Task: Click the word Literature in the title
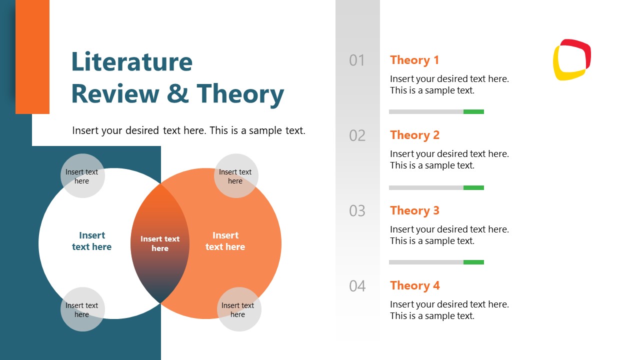tap(131, 62)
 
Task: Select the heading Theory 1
tap(414, 60)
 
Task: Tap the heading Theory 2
tap(414, 135)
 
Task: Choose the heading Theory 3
tap(414, 210)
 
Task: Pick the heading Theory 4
tap(414, 285)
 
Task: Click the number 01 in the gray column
tap(357, 60)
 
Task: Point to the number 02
tap(357, 135)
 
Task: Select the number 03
tap(357, 211)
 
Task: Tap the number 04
tap(357, 286)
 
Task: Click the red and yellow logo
tap(572, 59)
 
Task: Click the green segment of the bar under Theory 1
tap(473, 111)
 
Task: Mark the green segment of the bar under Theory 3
tap(473, 262)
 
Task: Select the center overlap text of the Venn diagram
tap(160, 243)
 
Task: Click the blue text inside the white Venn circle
tap(92, 241)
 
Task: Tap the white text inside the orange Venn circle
tap(225, 241)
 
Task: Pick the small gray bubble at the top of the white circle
tap(82, 176)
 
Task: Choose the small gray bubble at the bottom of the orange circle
tap(238, 309)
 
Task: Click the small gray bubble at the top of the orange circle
tap(235, 176)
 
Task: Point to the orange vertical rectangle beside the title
tap(32, 56)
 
